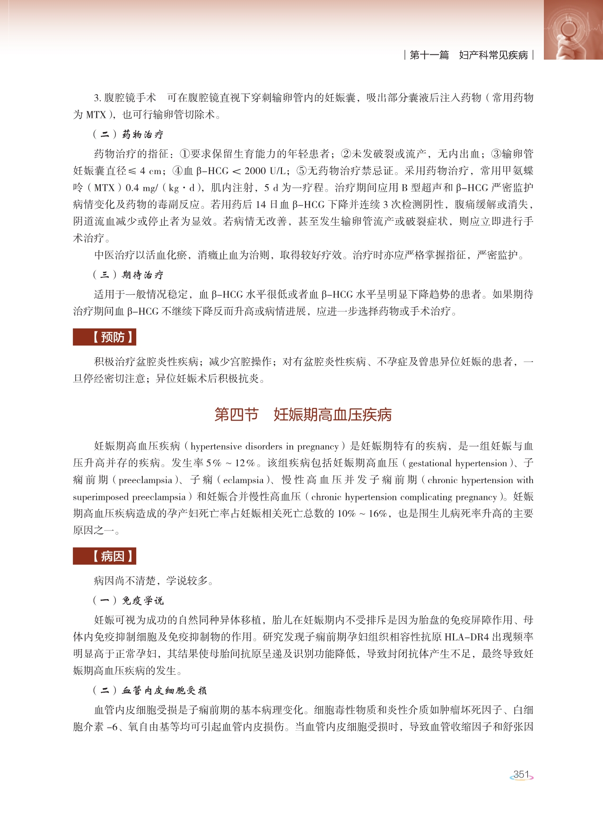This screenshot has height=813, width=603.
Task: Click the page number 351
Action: (x=521, y=775)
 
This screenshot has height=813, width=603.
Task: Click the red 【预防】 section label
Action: (x=104, y=337)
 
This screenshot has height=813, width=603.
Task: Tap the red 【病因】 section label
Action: (x=104, y=556)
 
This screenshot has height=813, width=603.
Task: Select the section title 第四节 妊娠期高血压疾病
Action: (x=303, y=415)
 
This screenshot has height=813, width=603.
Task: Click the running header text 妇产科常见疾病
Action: (x=493, y=55)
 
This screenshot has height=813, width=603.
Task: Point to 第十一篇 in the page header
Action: (x=429, y=55)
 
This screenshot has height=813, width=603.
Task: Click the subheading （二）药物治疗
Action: (x=128, y=134)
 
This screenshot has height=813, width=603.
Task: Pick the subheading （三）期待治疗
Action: (x=128, y=275)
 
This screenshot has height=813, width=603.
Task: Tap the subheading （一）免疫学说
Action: (x=128, y=601)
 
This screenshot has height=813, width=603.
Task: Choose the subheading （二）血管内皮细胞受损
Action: (x=149, y=690)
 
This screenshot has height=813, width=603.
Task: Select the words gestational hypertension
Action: (x=457, y=463)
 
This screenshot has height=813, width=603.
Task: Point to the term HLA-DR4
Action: (x=467, y=637)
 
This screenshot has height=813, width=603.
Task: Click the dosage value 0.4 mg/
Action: (x=141, y=188)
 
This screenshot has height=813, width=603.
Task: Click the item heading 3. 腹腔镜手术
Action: (x=125, y=98)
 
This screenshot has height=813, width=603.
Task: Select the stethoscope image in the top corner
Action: (x=573, y=29)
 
